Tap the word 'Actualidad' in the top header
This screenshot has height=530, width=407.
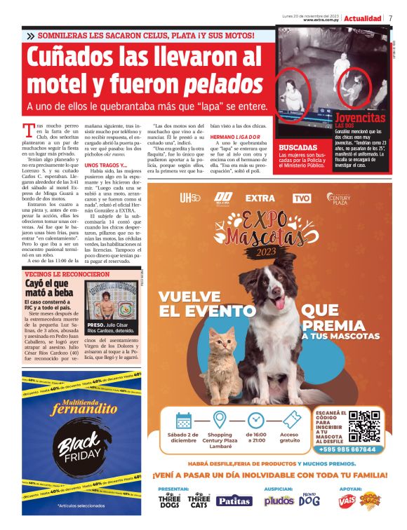(x=363, y=18)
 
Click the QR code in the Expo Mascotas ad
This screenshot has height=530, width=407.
(x=363, y=426)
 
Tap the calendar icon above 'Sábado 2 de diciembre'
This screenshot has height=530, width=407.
(x=184, y=421)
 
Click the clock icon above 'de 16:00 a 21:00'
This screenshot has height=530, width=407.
(x=255, y=421)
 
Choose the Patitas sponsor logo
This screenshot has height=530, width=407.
(x=233, y=501)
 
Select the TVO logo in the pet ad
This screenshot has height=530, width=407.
(x=302, y=198)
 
